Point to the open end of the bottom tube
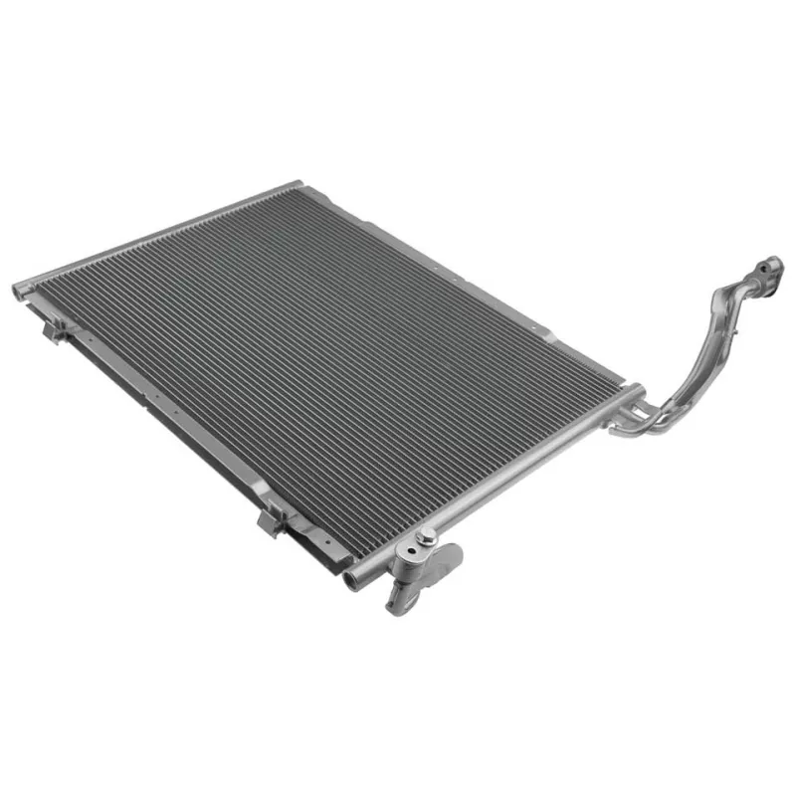(x=350, y=580)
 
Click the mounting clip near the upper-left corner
(x=57, y=324)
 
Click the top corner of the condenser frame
(x=297, y=184)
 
